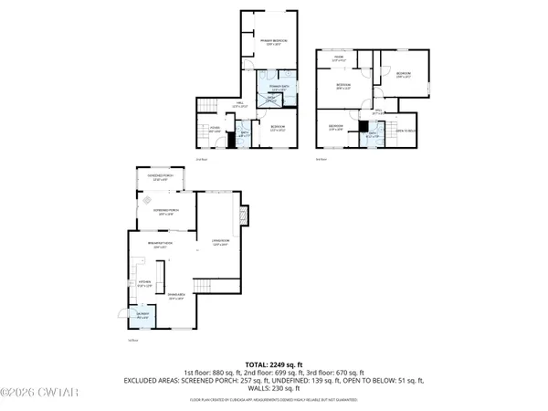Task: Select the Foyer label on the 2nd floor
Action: point(214,131)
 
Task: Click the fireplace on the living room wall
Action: point(243,216)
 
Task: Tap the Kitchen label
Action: point(144,283)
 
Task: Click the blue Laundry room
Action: point(142,317)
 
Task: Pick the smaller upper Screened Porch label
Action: point(160,179)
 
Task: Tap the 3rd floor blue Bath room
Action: point(372,137)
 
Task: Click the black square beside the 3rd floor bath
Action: point(362,126)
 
